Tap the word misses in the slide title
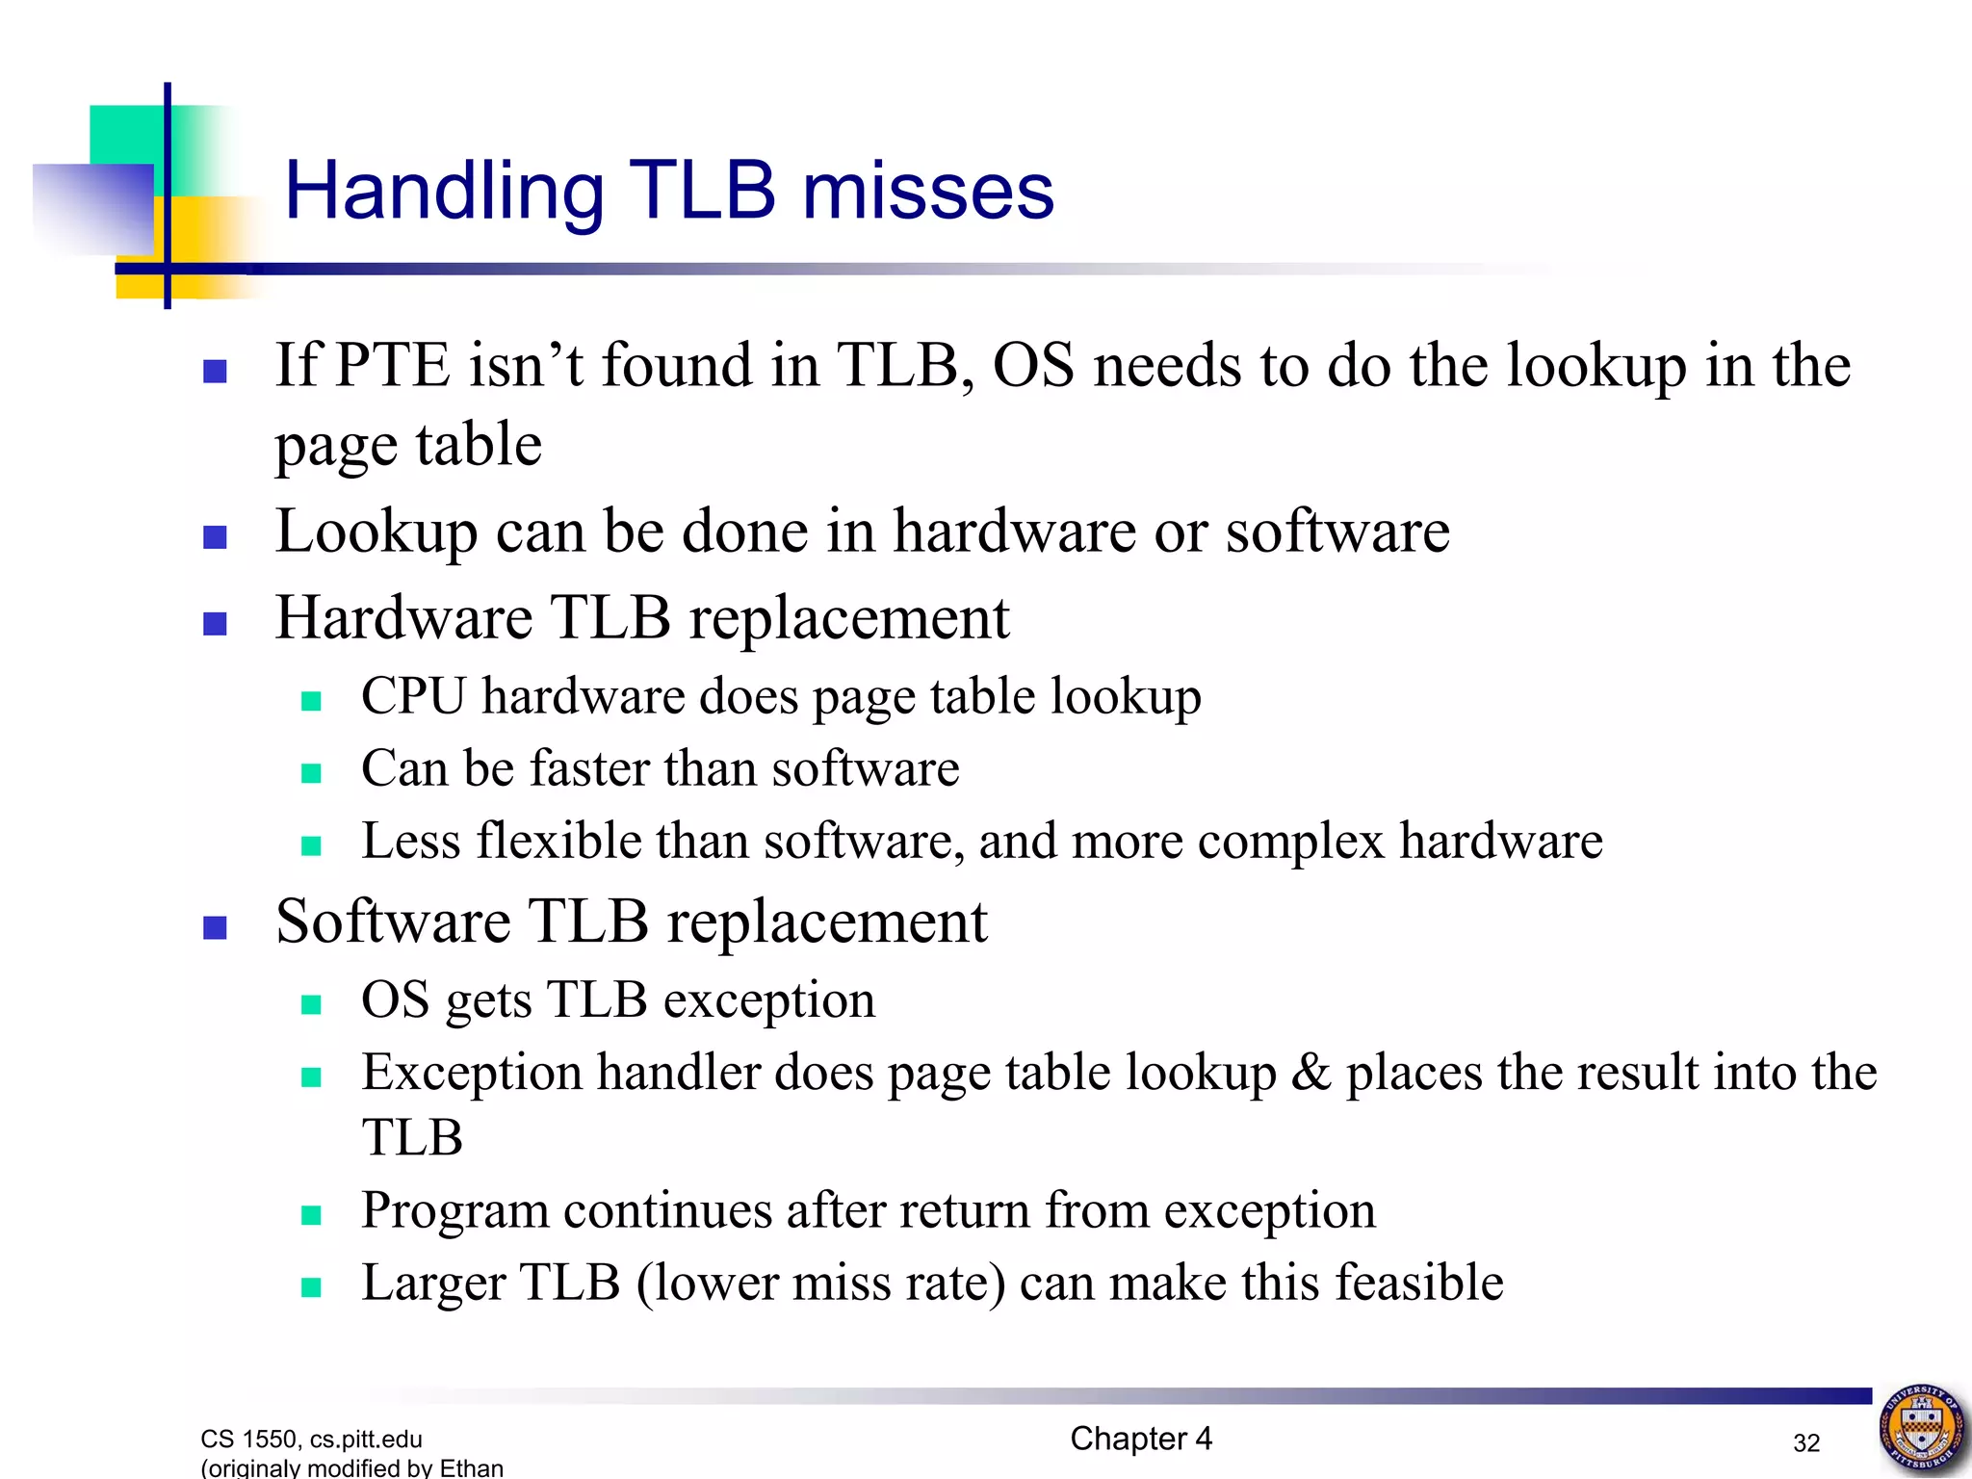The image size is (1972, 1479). click(x=928, y=191)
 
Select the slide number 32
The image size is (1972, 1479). click(x=1806, y=1442)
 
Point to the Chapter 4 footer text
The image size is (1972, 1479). click(x=1141, y=1439)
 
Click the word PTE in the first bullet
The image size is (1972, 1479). click(x=392, y=366)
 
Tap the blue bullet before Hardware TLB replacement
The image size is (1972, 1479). click(x=215, y=624)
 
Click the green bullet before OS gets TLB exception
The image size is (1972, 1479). click(x=311, y=1005)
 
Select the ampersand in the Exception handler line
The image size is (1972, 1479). click(x=1310, y=1073)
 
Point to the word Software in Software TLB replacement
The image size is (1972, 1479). click(x=393, y=921)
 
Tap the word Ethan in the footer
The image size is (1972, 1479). click(x=472, y=1467)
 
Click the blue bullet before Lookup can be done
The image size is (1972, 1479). click(x=215, y=536)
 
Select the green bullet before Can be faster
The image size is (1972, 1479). click(x=311, y=773)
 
